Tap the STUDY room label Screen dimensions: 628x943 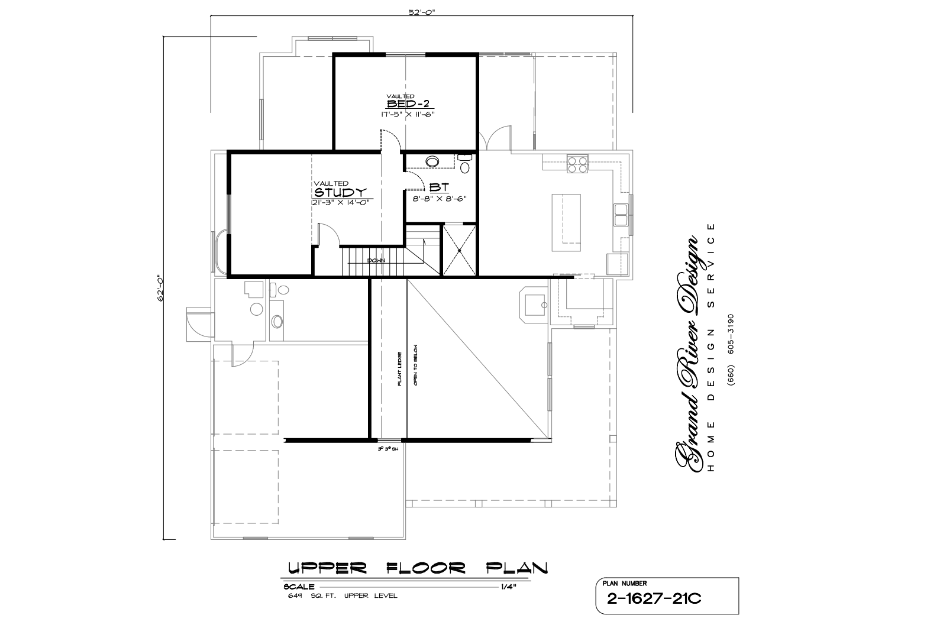tap(340, 193)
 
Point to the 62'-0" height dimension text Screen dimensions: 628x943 tap(159, 288)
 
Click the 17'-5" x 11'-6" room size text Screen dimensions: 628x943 tap(408, 114)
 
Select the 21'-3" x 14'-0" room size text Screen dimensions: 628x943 tap(340, 202)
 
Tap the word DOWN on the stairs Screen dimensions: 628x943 tap(376, 260)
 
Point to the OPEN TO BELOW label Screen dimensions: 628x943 tap(416, 365)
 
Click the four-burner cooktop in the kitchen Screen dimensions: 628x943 tap(577, 164)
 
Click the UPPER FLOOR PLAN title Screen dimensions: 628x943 tap(417, 568)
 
